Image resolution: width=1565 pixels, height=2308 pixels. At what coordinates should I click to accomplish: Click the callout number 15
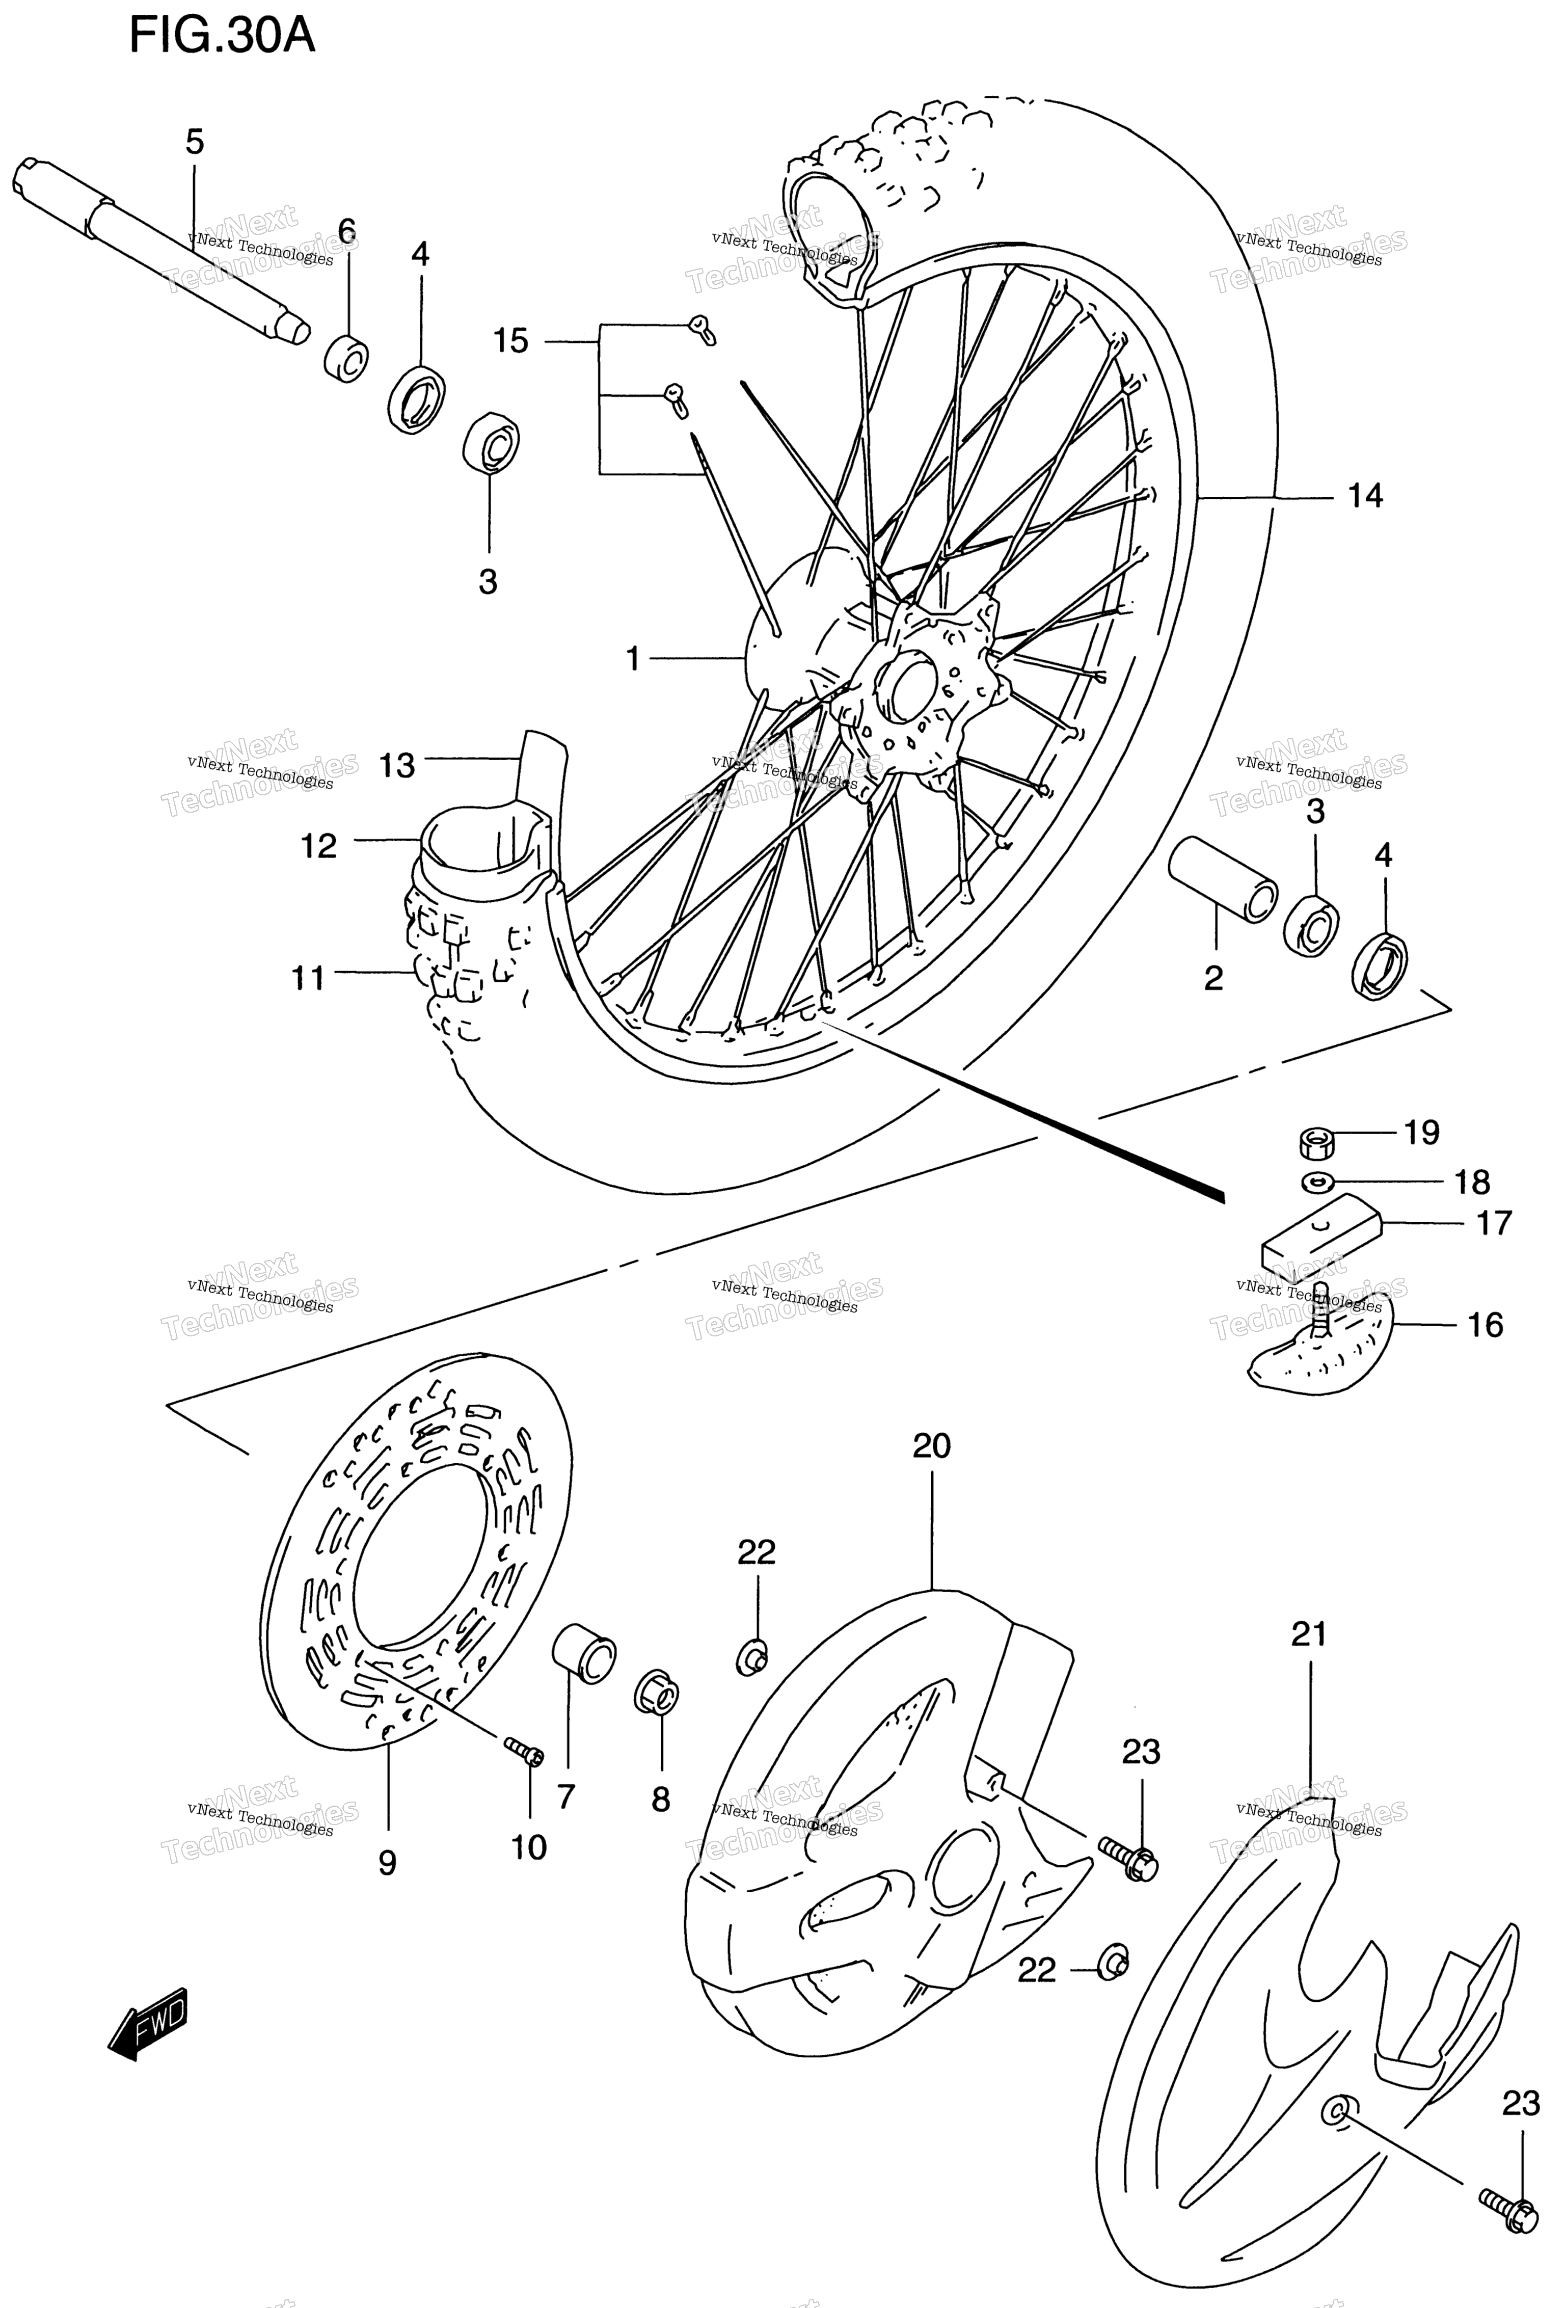pos(511,342)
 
